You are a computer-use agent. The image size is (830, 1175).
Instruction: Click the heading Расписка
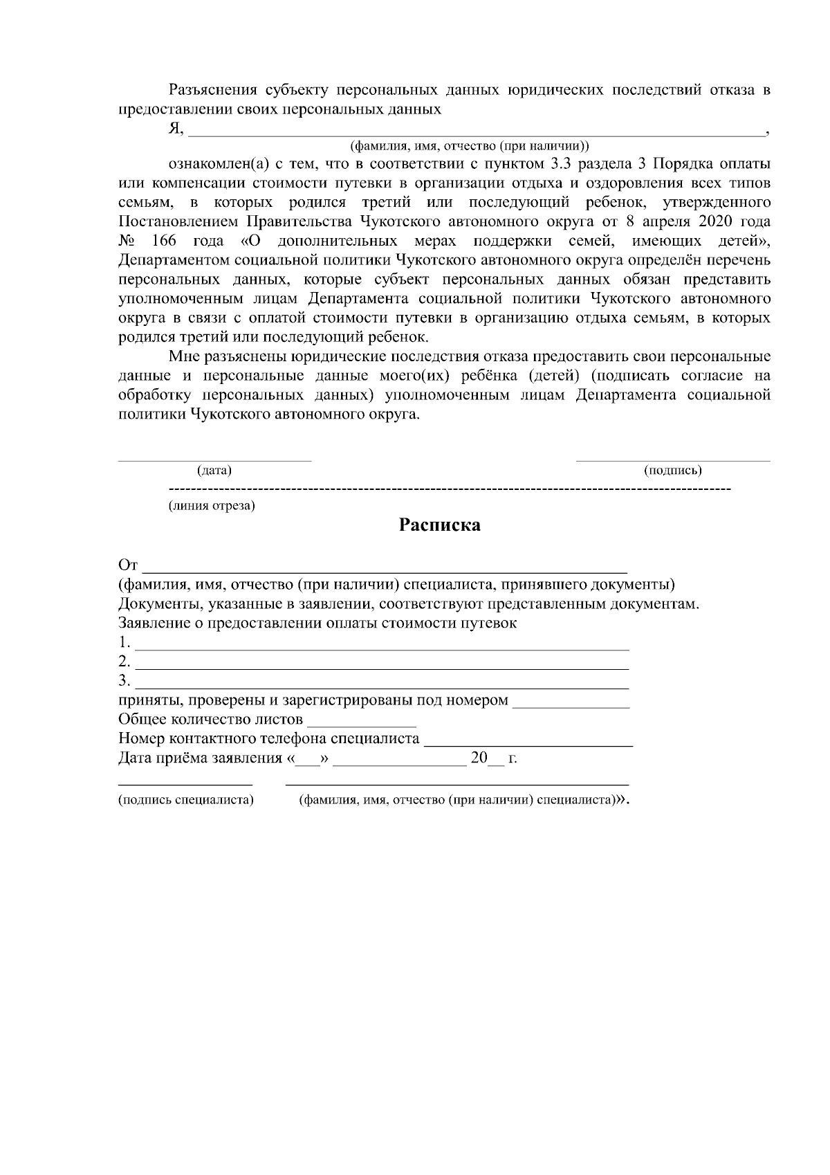click(439, 525)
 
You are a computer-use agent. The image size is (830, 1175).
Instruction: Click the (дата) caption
click(214, 471)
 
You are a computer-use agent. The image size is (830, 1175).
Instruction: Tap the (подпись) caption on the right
click(672, 471)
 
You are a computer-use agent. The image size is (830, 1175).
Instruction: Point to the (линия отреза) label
click(212, 506)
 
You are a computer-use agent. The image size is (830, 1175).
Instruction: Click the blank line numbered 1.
click(382, 648)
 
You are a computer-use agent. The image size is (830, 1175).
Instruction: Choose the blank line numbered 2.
click(382, 668)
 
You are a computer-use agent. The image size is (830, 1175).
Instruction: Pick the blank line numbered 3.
click(382, 687)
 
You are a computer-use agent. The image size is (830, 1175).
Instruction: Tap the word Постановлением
click(178, 222)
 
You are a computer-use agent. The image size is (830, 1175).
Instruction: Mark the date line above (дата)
click(214, 460)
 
